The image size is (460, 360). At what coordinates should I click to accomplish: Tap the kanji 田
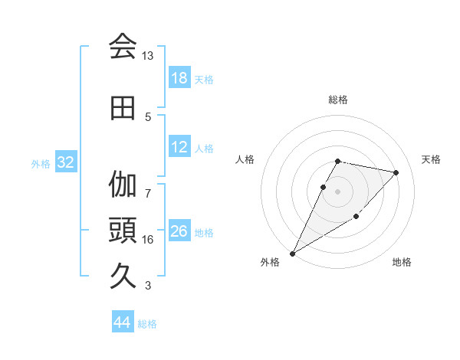click(123, 109)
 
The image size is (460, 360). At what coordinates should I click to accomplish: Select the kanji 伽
click(123, 185)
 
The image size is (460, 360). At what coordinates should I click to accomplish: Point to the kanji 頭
click(123, 229)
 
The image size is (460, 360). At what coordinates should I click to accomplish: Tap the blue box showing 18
click(179, 78)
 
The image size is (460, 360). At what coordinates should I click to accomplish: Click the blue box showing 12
click(179, 147)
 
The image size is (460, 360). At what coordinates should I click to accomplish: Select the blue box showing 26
click(179, 231)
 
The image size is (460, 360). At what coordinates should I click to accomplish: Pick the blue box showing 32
click(65, 162)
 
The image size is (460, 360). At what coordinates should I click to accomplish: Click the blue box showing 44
click(123, 322)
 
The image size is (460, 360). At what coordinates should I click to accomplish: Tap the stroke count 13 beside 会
click(148, 56)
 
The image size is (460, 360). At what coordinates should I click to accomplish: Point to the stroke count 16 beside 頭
click(148, 240)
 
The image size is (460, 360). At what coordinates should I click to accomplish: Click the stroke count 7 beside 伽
click(148, 185)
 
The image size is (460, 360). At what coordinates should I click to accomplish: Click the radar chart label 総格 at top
click(338, 100)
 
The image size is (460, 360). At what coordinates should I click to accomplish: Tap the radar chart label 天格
click(432, 159)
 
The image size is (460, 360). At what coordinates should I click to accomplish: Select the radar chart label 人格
click(245, 159)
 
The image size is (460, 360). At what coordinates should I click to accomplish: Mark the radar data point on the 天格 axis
click(396, 172)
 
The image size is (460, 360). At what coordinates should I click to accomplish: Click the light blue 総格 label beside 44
click(147, 324)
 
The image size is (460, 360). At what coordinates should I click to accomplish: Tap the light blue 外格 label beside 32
click(41, 163)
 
